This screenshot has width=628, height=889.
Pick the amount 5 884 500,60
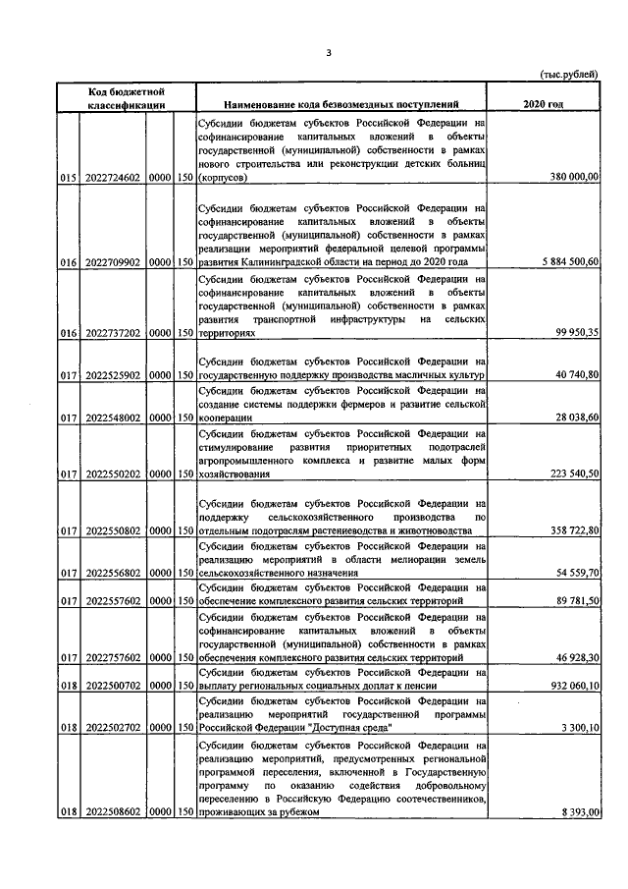(565, 264)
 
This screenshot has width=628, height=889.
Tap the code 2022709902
(113, 264)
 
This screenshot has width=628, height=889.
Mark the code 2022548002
(113, 417)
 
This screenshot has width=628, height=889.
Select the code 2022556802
(113, 572)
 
